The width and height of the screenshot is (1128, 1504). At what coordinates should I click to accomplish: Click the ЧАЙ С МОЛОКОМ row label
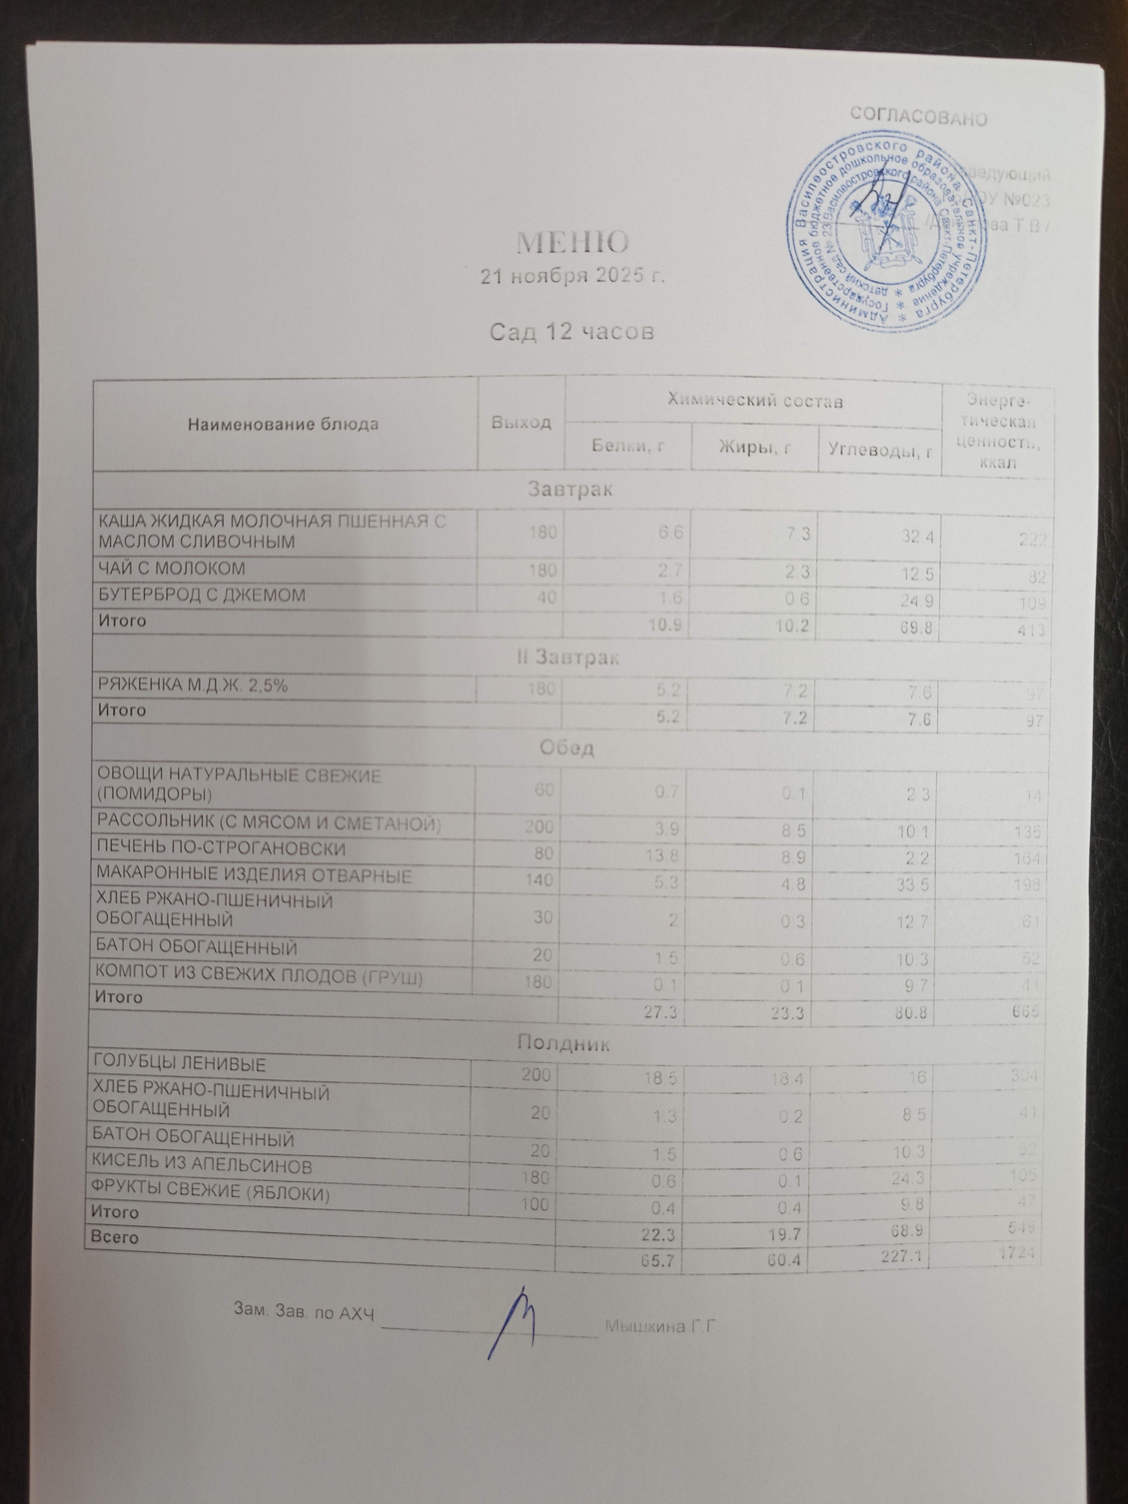[172, 568]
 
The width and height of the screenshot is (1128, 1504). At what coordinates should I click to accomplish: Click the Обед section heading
[566, 748]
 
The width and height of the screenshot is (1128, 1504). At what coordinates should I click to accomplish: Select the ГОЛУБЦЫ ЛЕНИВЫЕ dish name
[179, 1083]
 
